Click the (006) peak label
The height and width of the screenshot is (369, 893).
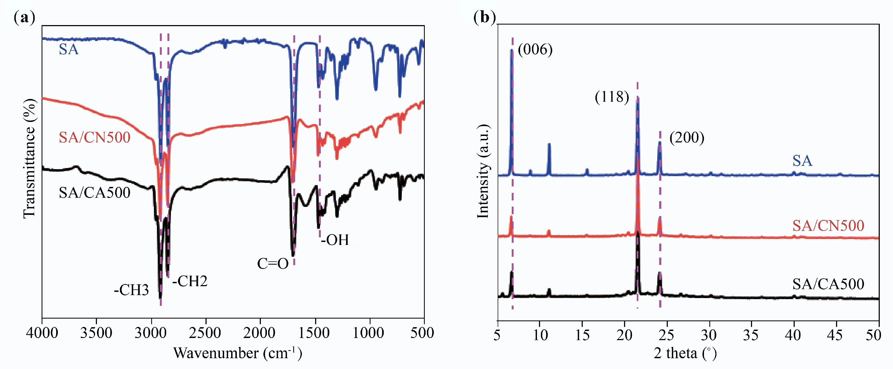[535, 50]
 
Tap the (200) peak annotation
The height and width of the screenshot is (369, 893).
[686, 138]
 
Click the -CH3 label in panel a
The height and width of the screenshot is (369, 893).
[132, 290]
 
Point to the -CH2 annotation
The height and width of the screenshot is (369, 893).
[190, 281]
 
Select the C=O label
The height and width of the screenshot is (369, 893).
[272, 264]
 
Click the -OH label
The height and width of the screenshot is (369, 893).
[335, 240]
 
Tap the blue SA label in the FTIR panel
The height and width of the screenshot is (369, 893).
[69, 50]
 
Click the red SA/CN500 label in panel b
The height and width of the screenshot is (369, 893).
[828, 226]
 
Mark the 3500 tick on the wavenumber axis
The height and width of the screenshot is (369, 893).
[96, 333]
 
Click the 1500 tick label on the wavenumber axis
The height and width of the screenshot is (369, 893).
[314, 333]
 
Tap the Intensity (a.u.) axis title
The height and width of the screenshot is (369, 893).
[483, 171]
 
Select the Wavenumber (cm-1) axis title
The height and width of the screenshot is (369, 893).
[238, 353]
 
